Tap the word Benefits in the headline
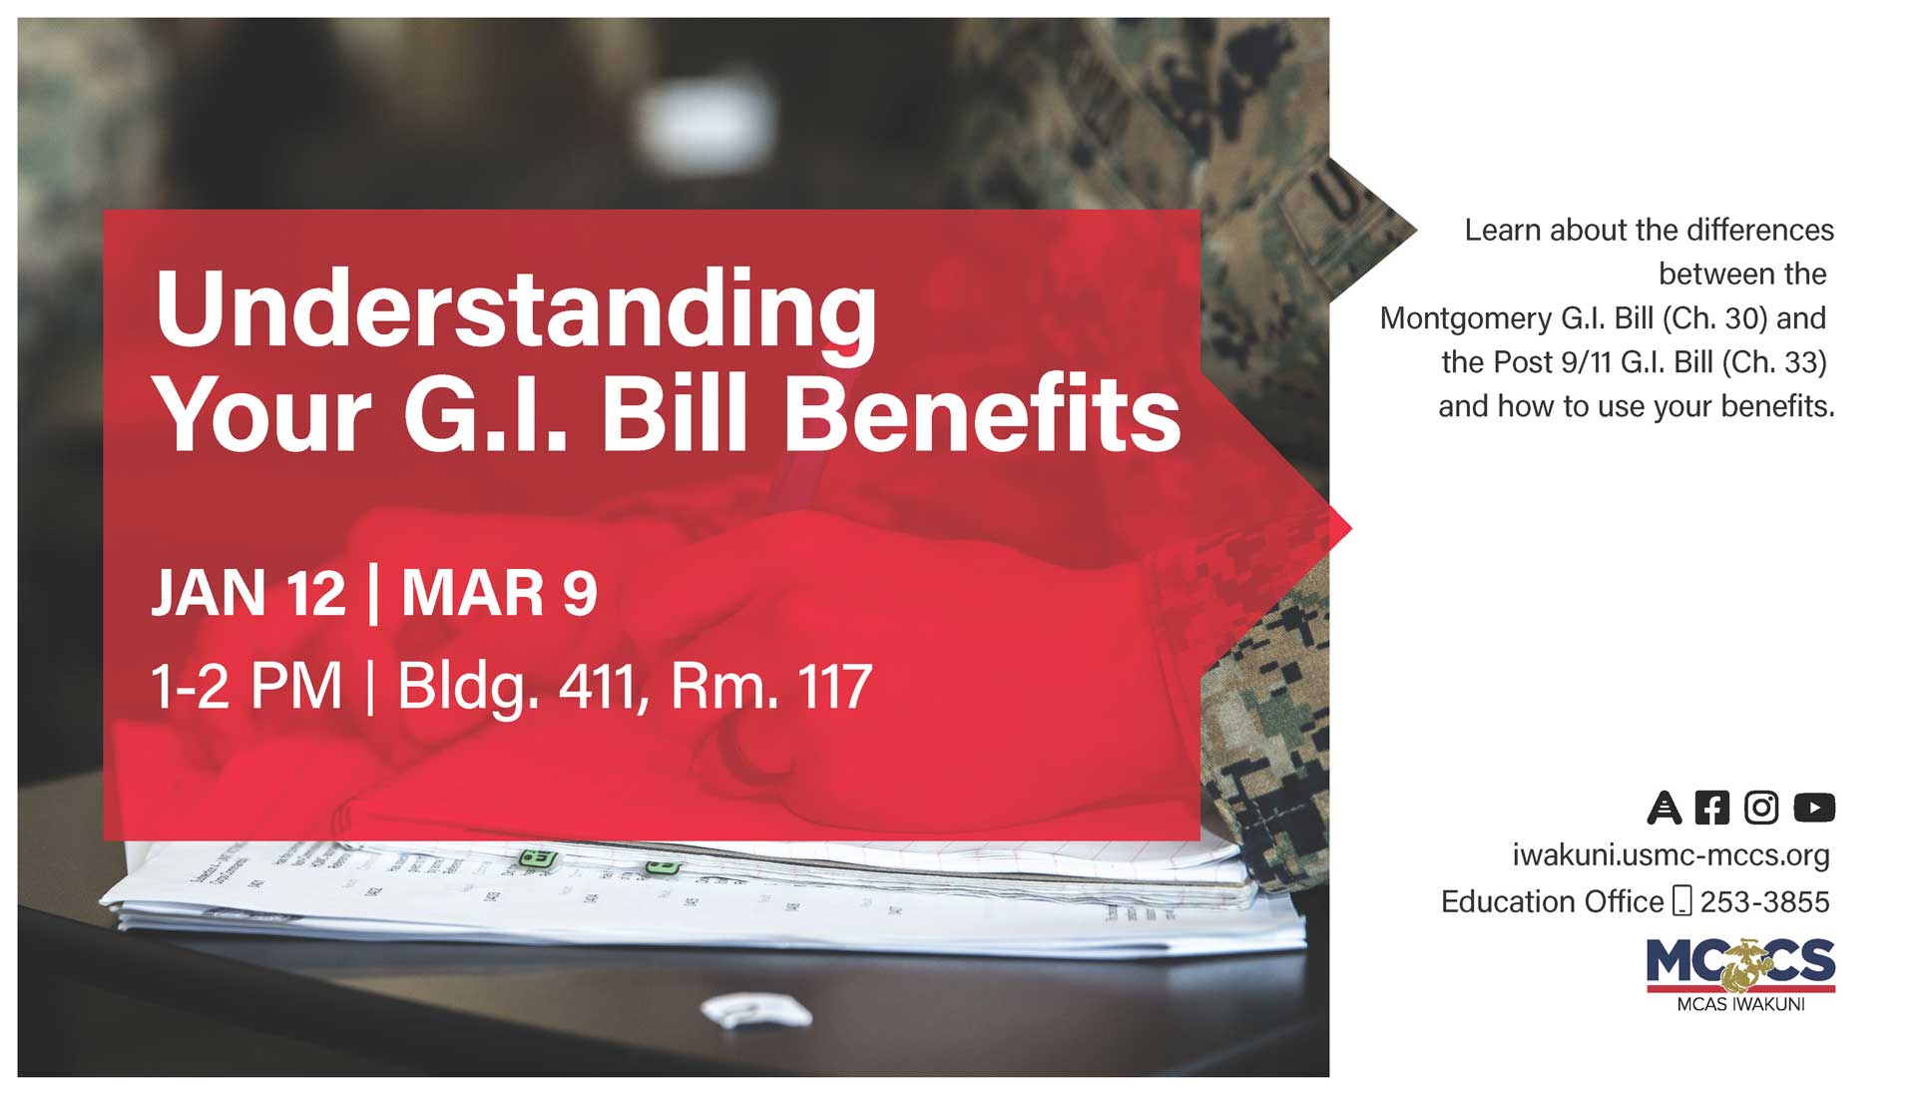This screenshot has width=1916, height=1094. point(981,416)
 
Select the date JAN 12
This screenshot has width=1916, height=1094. point(248,593)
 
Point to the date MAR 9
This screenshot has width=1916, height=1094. point(499,593)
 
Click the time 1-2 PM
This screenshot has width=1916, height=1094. point(245,687)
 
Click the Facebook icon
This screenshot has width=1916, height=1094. point(1711,807)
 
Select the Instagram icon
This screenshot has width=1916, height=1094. point(1761,807)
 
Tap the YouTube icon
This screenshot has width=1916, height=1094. point(1813,807)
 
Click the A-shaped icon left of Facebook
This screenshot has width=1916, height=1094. point(1664,807)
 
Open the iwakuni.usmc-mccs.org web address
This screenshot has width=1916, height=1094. point(1671,855)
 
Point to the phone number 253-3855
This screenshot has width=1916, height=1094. point(1764,902)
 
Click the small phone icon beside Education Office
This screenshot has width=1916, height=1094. point(1681,901)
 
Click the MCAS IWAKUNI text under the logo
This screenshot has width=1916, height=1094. point(1740,1005)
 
